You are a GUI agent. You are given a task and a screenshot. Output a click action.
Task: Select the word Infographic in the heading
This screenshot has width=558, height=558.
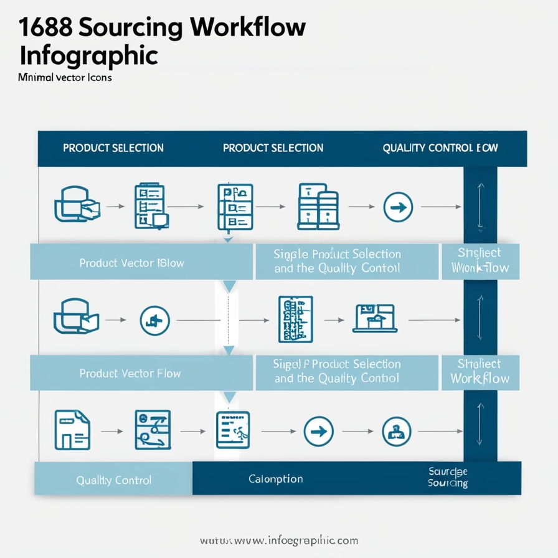(x=88, y=55)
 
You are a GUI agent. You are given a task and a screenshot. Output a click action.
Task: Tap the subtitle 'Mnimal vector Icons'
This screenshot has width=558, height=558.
(x=65, y=78)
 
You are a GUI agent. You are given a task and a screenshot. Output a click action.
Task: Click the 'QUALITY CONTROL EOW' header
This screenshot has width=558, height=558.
(x=440, y=148)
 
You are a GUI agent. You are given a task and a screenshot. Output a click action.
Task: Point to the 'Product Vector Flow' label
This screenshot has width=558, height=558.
(x=130, y=374)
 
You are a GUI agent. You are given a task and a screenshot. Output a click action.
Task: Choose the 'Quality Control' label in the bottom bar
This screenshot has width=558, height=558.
(x=113, y=480)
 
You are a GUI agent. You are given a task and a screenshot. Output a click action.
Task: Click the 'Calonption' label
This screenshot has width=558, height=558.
(x=276, y=479)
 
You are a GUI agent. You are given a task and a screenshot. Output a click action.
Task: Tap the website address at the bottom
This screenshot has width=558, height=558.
(x=279, y=539)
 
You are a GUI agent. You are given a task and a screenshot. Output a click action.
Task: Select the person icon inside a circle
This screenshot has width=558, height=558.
(x=395, y=430)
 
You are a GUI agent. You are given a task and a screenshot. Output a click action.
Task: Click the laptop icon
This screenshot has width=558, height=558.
(x=374, y=318)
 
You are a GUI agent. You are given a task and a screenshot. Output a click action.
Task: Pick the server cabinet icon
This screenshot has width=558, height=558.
(x=318, y=206)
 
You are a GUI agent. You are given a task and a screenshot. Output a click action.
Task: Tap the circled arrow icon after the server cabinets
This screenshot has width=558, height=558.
(x=398, y=207)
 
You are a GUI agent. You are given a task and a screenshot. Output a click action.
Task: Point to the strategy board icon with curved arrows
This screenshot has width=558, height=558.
(x=152, y=430)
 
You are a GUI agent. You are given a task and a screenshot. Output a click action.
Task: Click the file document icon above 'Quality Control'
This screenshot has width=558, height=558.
(x=72, y=430)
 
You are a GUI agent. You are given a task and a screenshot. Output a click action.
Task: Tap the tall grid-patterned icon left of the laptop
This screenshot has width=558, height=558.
(x=295, y=319)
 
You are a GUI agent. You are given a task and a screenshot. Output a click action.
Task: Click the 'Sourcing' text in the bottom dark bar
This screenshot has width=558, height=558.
(x=448, y=483)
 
